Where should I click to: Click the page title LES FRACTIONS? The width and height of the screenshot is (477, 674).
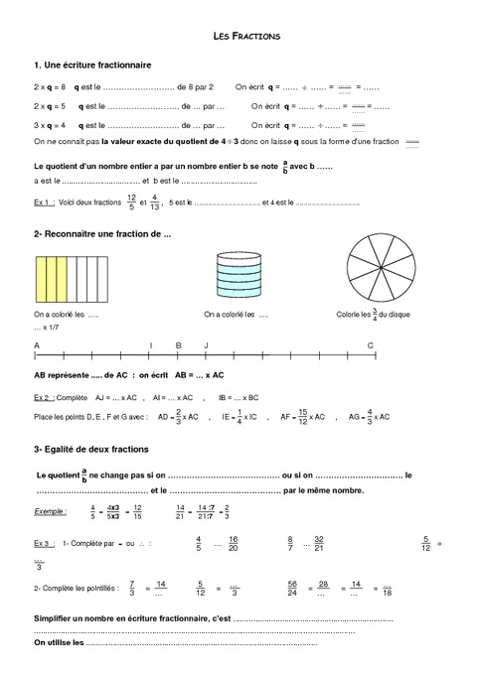(247, 36)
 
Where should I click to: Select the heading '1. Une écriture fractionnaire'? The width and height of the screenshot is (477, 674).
(92, 65)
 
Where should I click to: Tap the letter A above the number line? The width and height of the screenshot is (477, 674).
(37, 344)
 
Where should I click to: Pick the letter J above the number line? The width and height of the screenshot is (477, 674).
(206, 344)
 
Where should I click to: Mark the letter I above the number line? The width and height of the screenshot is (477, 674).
(150, 344)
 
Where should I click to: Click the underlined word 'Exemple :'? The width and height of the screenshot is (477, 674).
(51, 511)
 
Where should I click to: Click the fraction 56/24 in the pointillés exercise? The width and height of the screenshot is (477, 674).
(292, 590)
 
